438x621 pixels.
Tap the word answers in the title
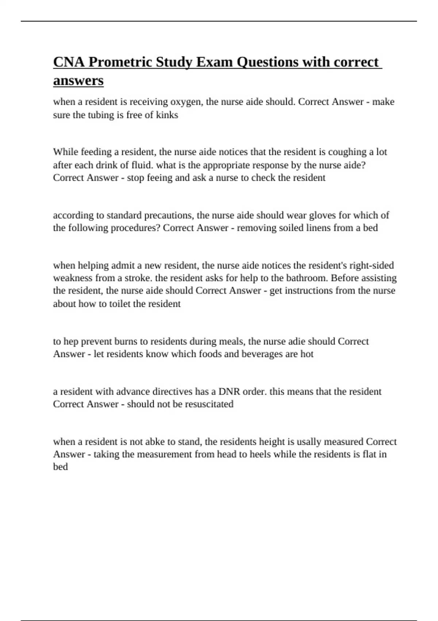(x=78, y=80)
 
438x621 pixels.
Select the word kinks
(x=167, y=115)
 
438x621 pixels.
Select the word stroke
(x=138, y=278)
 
